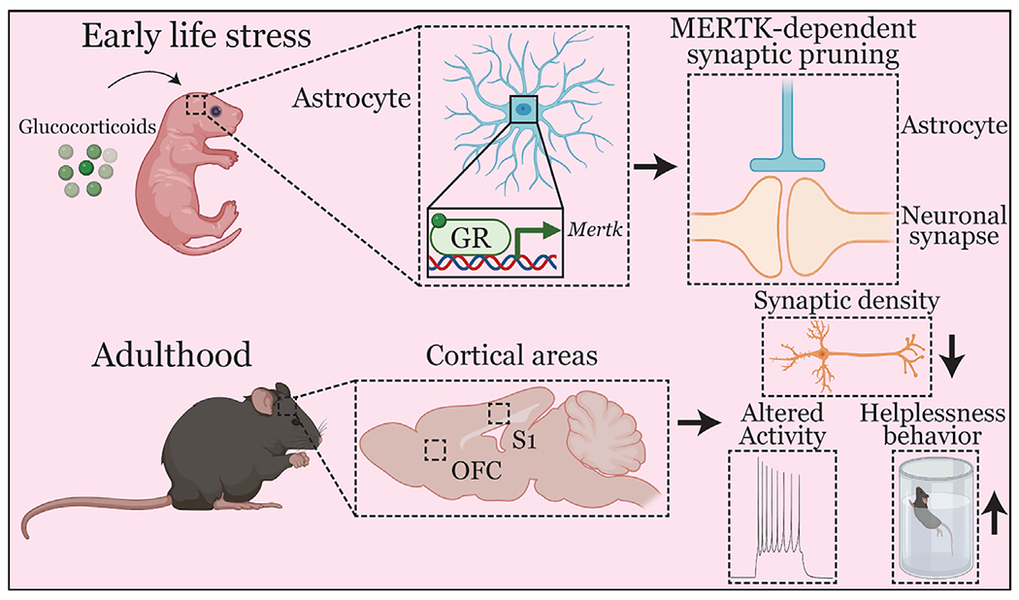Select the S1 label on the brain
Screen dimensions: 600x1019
pyautogui.click(x=526, y=442)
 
